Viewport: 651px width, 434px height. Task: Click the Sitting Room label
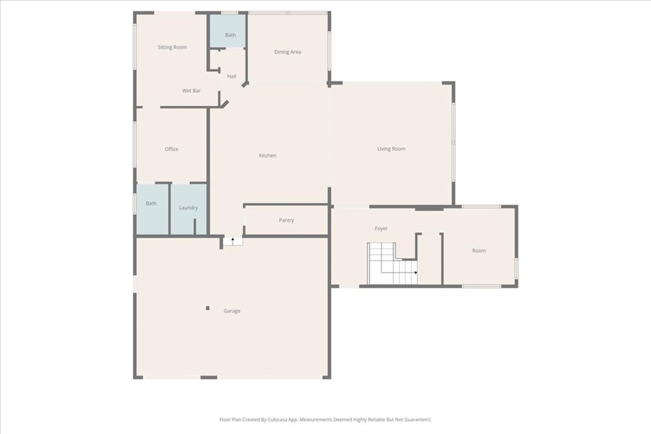(x=172, y=47)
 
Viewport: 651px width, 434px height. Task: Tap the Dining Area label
(x=288, y=52)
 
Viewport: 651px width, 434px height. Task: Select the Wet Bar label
(x=191, y=90)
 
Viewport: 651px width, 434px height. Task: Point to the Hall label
(x=231, y=76)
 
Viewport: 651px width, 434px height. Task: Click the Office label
(x=172, y=149)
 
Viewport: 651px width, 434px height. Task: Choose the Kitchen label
(x=268, y=156)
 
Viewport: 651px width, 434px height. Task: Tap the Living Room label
(x=391, y=149)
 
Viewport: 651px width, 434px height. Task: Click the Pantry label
(x=287, y=220)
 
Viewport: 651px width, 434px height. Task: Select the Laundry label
(x=188, y=207)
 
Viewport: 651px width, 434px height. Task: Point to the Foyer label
(x=381, y=228)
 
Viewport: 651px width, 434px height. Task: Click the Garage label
(x=232, y=311)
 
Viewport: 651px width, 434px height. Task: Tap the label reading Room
(x=479, y=250)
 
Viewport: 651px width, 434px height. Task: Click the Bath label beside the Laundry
(x=151, y=203)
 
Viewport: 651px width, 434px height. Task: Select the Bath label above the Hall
(x=230, y=35)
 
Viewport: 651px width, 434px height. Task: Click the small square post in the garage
(x=208, y=308)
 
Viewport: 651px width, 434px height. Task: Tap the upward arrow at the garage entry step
(x=233, y=240)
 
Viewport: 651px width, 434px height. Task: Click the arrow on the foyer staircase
(x=416, y=273)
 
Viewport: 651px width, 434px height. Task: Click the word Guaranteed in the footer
(x=418, y=419)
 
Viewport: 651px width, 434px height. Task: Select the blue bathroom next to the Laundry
(x=153, y=210)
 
